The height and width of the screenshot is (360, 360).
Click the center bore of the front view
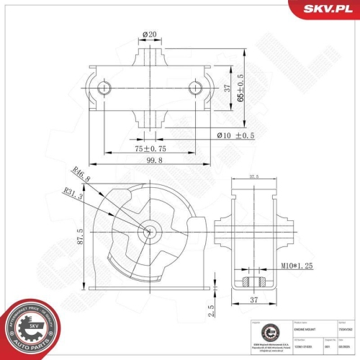(149, 232)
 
